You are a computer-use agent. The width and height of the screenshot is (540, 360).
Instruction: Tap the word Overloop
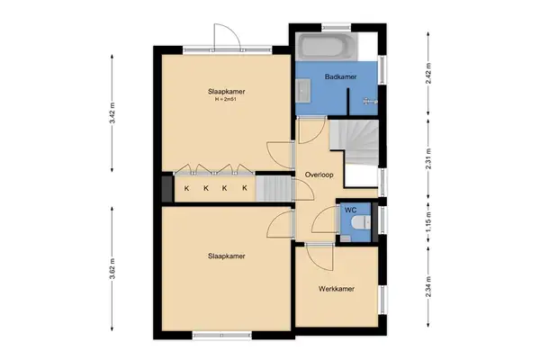click(x=319, y=174)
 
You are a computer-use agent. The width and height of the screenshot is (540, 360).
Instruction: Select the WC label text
click(x=350, y=210)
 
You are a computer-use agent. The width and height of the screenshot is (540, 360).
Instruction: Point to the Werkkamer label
click(x=335, y=289)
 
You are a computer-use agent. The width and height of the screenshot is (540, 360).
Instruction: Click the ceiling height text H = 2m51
click(x=227, y=100)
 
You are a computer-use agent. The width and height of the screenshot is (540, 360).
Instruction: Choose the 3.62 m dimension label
click(x=112, y=270)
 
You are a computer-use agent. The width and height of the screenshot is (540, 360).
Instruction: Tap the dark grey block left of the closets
click(x=166, y=189)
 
